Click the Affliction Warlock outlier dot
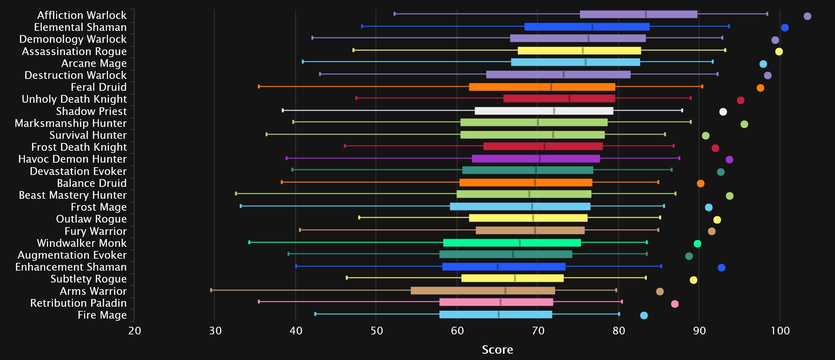[807, 16]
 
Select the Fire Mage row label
[102, 315]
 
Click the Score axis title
[497, 349]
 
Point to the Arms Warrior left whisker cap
[211, 290]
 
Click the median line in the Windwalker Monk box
[520, 243]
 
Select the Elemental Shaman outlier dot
[785, 28]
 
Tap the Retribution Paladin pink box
[496, 302]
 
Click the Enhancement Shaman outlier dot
[721, 268]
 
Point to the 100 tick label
[780, 331]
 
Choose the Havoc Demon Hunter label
[73, 159]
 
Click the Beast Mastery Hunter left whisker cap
[236, 193]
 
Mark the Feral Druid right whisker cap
[702, 87]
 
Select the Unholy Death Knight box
[559, 99]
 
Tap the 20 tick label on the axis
[135, 331]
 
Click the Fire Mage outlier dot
[644, 315]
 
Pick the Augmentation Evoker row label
[72, 255]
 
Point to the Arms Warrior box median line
[505, 291]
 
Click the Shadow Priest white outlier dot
[723, 112]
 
